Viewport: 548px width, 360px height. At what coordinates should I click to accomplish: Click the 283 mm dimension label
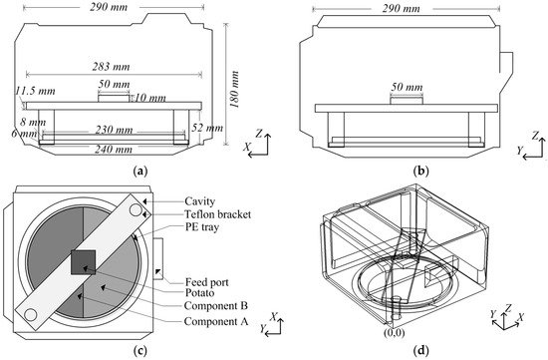click(112, 66)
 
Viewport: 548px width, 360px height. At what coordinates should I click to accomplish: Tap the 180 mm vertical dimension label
click(235, 89)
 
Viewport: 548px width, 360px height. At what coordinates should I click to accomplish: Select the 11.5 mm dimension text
click(35, 91)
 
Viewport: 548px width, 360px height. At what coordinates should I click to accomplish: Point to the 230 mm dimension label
click(114, 131)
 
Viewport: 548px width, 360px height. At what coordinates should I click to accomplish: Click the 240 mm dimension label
click(114, 150)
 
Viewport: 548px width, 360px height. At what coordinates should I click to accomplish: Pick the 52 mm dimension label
click(207, 128)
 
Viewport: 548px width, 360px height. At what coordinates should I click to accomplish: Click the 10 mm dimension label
click(150, 98)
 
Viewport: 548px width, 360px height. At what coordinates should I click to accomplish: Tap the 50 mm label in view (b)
click(407, 87)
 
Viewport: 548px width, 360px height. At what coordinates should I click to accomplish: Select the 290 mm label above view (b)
click(401, 8)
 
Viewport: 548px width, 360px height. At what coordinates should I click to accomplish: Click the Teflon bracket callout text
click(218, 213)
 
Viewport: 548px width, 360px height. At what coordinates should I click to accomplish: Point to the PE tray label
click(202, 227)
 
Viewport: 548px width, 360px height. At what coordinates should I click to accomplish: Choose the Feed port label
click(207, 281)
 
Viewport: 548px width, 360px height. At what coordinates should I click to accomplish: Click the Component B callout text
click(216, 305)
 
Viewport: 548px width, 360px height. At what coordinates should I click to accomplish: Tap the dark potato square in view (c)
click(83, 262)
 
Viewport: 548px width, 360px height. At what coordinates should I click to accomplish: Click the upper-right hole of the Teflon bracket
click(136, 210)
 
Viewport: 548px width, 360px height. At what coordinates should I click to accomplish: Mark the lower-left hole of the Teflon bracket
click(31, 314)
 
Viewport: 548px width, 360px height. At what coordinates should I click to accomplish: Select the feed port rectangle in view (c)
click(158, 258)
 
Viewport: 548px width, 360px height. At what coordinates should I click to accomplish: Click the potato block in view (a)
click(114, 98)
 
